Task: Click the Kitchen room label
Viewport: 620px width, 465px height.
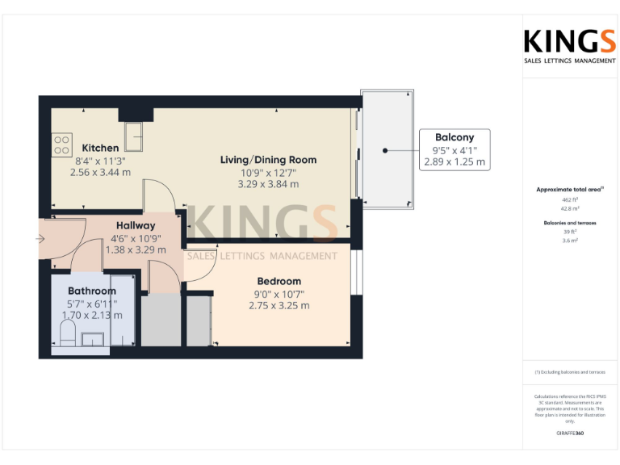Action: pos(100,148)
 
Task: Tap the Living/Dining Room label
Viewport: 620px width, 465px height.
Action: pos(268,160)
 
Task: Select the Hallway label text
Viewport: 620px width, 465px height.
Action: pos(136,225)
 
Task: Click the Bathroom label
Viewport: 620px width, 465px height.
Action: pos(91,291)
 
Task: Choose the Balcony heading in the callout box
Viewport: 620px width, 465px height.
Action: pos(455,137)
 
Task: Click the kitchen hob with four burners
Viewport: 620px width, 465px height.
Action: pos(61,145)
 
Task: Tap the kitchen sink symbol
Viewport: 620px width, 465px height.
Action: pos(134,137)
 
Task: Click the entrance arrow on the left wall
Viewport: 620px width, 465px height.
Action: pos(40,239)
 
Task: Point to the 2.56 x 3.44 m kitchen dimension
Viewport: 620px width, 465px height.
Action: pos(100,172)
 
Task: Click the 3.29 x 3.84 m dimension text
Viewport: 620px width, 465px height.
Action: pos(268,184)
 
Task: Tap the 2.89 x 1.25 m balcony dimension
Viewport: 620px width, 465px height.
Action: pos(455,161)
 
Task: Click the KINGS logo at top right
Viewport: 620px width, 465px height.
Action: pos(569,42)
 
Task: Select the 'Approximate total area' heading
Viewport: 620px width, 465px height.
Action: pos(569,189)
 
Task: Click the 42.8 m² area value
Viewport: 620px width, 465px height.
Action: pos(570,207)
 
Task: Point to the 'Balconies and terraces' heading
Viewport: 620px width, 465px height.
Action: pos(570,221)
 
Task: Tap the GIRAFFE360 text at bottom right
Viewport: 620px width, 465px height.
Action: pos(570,434)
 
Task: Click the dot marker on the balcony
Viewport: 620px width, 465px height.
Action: pos(386,150)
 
